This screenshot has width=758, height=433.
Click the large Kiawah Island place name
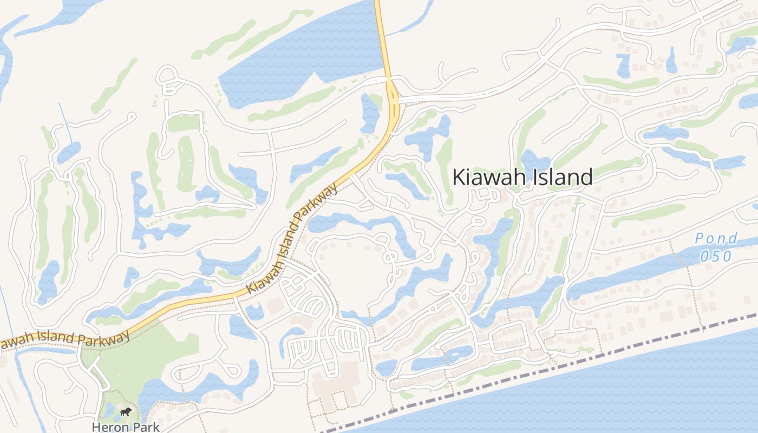(x=522, y=177)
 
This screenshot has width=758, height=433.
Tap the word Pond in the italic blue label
(x=716, y=239)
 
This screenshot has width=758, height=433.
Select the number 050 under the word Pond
(x=716, y=256)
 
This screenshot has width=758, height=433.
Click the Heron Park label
(x=126, y=427)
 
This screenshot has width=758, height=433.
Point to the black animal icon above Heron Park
(x=126, y=412)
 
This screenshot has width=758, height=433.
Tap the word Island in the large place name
(x=560, y=177)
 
